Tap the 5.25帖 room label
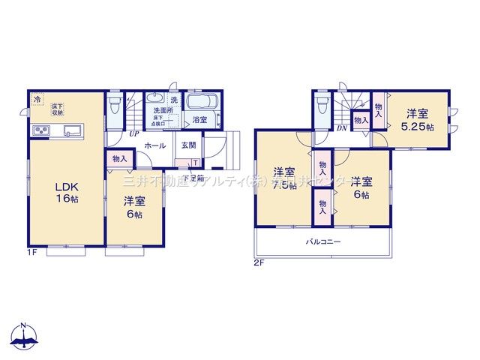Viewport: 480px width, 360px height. click(418, 121)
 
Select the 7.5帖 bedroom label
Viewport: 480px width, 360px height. click(283, 178)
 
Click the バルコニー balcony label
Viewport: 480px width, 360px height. click(323, 242)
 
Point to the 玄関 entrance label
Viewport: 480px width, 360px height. click(188, 145)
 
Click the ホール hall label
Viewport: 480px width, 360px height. click(155, 145)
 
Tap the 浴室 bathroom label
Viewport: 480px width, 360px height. click(199, 120)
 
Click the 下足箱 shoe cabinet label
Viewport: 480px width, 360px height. click(193, 178)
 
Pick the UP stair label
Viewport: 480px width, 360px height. click(133, 134)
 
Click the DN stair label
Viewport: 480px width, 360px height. click(341, 128)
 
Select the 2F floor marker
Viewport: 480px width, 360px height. click(258, 262)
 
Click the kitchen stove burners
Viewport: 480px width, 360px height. click(40, 132)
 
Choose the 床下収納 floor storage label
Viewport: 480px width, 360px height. click(58, 110)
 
